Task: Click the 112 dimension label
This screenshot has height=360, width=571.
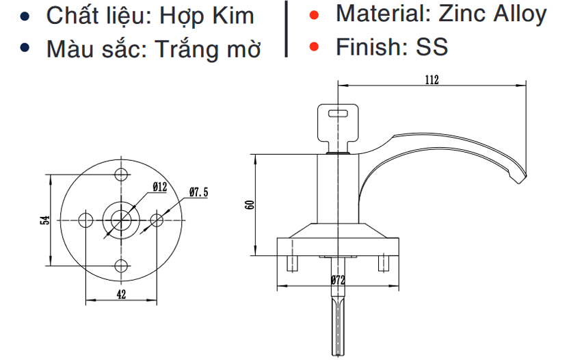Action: pyautogui.click(x=431, y=79)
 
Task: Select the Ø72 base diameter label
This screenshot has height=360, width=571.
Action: pyautogui.click(x=336, y=280)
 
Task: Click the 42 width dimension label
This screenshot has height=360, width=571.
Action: pyautogui.click(x=120, y=294)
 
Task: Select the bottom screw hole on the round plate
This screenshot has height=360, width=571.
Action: pyautogui.click(x=121, y=266)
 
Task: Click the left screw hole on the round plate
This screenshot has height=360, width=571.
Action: pyautogui.click(x=85, y=220)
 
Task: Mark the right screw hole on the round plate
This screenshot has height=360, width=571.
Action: pyautogui.click(x=157, y=220)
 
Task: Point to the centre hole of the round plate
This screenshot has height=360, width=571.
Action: pyautogui.click(x=121, y=220)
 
